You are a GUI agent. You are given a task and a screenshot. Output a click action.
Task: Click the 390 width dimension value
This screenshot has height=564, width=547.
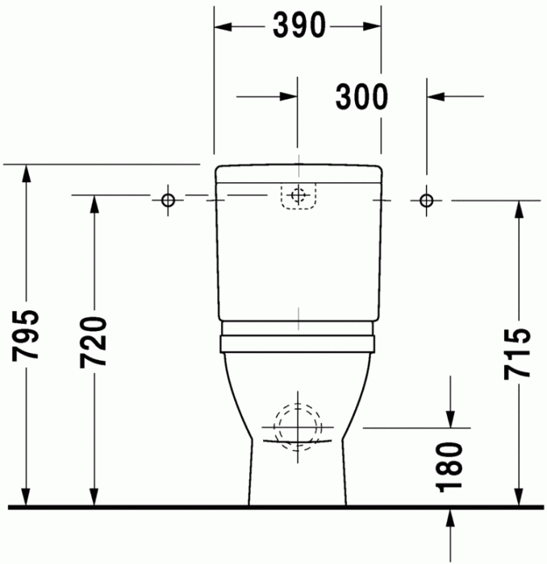(298, 27)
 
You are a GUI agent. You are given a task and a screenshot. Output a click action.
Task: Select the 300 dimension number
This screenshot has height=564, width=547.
(362, 97)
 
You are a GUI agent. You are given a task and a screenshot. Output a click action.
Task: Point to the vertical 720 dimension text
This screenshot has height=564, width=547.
(94, 342)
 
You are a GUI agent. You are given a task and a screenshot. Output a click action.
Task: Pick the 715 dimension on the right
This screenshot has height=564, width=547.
(516, 352)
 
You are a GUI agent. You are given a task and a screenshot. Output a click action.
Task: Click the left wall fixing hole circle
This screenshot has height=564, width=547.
(168, 199)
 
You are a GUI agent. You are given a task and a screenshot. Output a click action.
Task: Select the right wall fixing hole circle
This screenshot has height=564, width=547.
(426, 199)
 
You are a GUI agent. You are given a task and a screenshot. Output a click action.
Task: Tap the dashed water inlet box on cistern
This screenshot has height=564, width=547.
(298, 196)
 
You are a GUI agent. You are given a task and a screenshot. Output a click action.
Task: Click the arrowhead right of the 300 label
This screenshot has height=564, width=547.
(436, 97)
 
